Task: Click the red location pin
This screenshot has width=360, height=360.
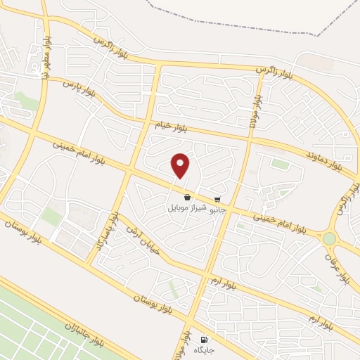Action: pos(181,165)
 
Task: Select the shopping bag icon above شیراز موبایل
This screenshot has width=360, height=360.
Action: pos(187,198)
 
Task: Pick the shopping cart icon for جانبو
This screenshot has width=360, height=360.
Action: pos(219,199)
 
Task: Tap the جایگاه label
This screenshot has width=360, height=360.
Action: pos(205,349)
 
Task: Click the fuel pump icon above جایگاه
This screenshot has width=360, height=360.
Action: pos(205,339)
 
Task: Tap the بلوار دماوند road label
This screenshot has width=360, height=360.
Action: pos(324,161)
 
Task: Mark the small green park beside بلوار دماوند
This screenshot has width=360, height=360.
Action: pos(281,164)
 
